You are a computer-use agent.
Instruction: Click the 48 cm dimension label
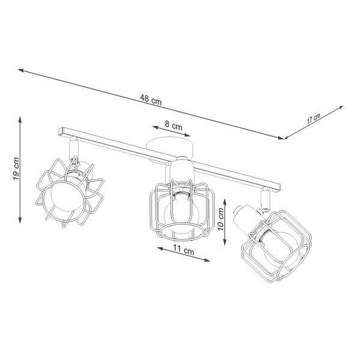(x=152, y=101)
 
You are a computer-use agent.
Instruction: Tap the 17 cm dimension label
(x=313, y=118)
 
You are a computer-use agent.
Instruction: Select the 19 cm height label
(x=16, y=170)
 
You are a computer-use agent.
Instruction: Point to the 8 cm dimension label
(x=173, y=126)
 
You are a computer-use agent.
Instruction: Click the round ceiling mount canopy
(x=170, y=146)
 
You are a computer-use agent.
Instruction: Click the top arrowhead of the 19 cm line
(x=20, y=119)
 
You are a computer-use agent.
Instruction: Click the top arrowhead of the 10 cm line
(x=225, y=199)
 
